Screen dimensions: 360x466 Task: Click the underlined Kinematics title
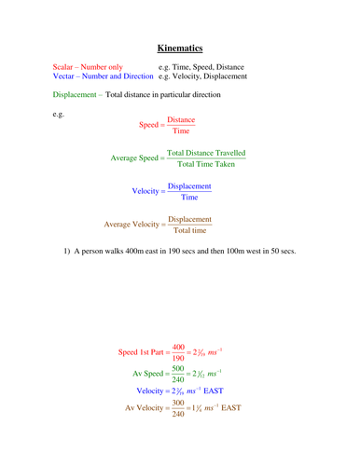click(180, 47)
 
